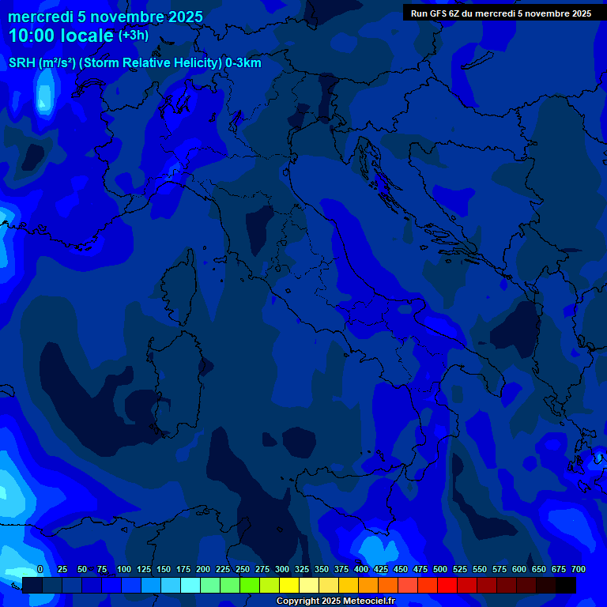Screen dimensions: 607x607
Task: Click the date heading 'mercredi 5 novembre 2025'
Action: [105, 17]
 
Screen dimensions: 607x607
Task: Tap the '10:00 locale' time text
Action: [61, 36]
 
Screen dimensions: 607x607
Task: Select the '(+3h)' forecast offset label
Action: [133, 36]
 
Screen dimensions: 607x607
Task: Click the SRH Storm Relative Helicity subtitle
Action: [134, 63]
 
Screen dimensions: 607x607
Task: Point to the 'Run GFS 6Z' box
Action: [501, 13]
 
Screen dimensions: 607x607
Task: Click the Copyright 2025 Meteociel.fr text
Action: [335, 601]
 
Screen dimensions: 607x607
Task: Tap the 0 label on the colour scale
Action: [40, 569]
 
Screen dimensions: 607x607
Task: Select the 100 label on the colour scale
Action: [123, 569]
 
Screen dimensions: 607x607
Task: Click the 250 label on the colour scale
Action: [243, 569]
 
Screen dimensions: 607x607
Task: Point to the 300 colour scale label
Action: [282, 569]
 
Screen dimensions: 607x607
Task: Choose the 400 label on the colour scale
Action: [361, 569]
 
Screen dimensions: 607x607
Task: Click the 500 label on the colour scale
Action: [440, 569]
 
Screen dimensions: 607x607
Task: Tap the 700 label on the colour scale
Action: [579, 569]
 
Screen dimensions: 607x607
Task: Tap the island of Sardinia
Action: [164, 379]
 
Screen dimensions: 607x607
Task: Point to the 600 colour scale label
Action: [519, 569]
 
